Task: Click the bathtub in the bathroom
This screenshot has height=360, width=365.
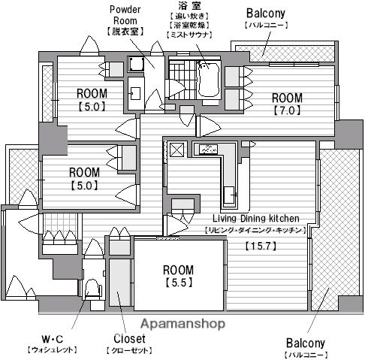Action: coord(209,79)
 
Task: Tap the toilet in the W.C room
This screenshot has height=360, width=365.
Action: coord(92,288)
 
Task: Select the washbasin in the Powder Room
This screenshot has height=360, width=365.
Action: coord(135,93)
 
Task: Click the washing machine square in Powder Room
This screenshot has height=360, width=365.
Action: coord(136,64)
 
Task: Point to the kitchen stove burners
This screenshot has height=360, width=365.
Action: coord(209,149)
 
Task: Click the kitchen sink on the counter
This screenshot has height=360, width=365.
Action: coord(229,195)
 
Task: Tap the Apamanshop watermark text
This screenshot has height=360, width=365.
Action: coord(182,324)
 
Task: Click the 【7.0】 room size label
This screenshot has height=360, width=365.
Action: coord(287,110)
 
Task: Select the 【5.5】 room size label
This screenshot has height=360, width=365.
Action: coord(178,283)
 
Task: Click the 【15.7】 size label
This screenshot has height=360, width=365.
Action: coord(261,246)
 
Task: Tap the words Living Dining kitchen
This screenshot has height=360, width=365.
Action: coord(256,219)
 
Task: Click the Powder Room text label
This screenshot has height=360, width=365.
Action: coord(125,15)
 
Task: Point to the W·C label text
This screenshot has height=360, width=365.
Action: coord(53,339)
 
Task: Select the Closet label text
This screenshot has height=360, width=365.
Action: coord(129,339)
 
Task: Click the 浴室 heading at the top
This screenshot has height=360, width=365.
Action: coord(189,5)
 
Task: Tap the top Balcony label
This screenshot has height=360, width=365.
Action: coord(266,14)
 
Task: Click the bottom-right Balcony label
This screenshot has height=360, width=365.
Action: coord(306,343)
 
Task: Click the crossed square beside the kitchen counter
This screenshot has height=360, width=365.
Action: coord(177,150)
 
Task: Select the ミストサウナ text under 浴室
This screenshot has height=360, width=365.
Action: coord(189,35)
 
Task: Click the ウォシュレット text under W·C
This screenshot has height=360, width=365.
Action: coord(52,349)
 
